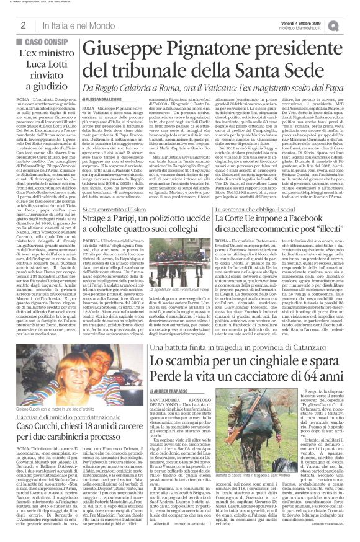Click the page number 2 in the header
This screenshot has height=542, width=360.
tap(22, 25)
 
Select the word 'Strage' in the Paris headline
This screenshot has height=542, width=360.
tap(100, 224)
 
